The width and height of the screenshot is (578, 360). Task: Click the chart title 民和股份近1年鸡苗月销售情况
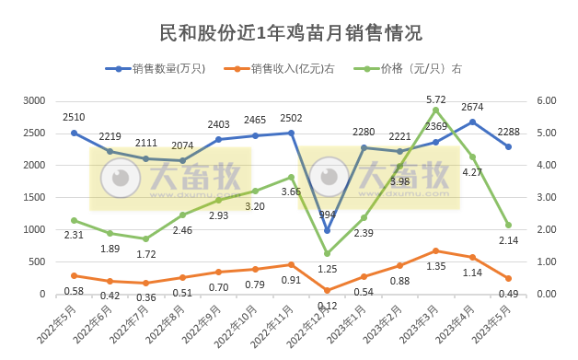pos(288,34)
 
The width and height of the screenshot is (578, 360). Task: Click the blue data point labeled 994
pos(327,230)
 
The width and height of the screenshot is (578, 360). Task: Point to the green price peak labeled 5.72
pos(435,110)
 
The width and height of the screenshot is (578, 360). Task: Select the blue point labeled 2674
pos(472,122)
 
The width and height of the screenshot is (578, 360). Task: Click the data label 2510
pos(74,117)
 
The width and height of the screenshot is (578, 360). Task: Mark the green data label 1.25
pos(327,269)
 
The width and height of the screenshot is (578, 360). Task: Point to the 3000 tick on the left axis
pos(34,100)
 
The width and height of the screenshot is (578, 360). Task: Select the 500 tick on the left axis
pos(37,262)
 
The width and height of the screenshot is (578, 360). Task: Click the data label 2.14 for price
pos(508,240)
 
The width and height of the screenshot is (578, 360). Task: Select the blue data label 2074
pos(182,145)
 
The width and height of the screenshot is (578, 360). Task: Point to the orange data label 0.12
pos(327,305)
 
